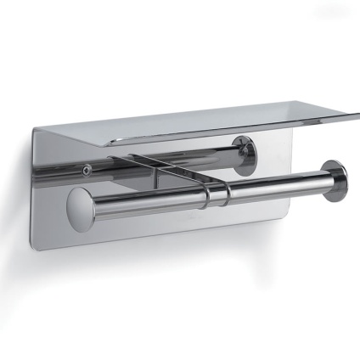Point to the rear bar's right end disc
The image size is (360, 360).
click(x=247, y=159)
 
